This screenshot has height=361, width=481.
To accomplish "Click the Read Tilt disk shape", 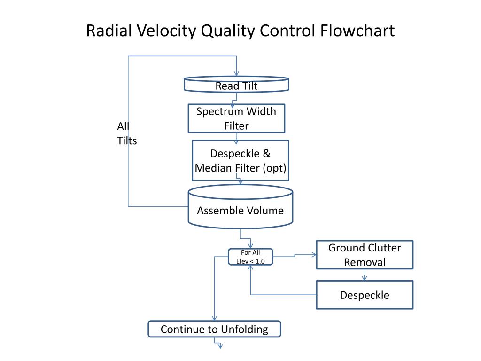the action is tap(236, 85).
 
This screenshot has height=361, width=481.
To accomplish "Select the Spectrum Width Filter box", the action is tap(236, 118).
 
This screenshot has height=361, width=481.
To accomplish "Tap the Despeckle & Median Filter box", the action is tap(240, 161).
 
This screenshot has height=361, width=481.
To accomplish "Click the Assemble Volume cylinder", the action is tap(240, 207).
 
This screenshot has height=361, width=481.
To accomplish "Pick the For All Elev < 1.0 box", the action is tap(250, 257).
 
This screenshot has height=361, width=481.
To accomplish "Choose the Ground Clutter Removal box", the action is tap(365, 255).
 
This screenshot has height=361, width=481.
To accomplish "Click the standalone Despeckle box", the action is tap(365, 295).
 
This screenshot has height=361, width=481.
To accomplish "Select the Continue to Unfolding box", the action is tap(214, 329).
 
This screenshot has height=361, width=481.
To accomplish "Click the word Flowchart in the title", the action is tap(357, 31).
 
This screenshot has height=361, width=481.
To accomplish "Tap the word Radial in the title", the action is tap(109, 31).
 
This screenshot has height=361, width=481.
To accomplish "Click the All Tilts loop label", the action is tap(127, 133).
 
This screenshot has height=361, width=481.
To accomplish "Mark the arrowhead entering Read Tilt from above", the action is tap(236, 73).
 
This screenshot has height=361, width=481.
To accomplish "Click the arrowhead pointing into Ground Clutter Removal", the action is tap(314, 254).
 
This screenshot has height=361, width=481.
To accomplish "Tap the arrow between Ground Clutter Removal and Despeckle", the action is tap(365, 275).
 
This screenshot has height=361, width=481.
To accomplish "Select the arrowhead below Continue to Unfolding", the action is tap(220, 346).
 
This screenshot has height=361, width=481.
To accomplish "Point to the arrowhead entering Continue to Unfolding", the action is tap(214, 318).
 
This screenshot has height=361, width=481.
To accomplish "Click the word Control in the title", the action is tap(287, 31).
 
